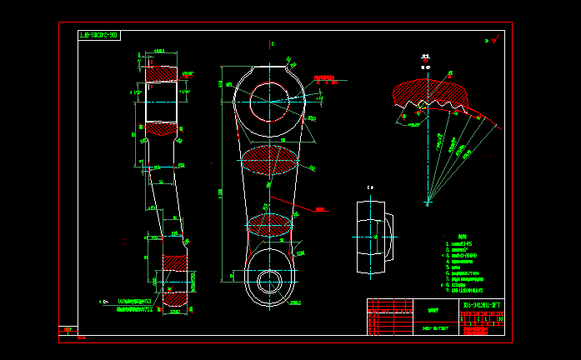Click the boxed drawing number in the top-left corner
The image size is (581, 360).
pyautogui.click(x=98, y=36)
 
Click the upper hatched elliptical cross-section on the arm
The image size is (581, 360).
pyautogui.click(x=268, y=160)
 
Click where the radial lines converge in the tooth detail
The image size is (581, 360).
pyautogui.click(x=428, y=201)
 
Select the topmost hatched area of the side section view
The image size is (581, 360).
pyautogui.click(x=163, y=74)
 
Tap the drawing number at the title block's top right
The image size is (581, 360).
pyautogui.click(x=483, y=305)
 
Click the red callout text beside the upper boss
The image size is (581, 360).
pyautogui.click(x=326, y=79)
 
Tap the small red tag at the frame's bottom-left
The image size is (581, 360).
pyautogui.click(x=66, y=330)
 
